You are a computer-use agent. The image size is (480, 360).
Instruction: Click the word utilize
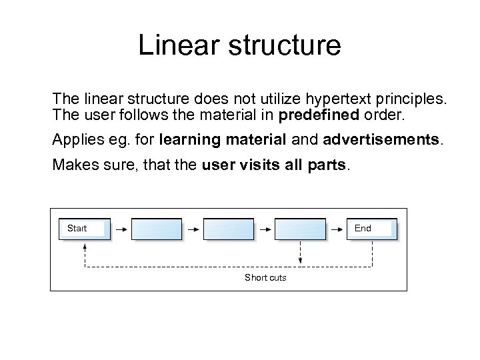pyautogui.click(x=256, y=99)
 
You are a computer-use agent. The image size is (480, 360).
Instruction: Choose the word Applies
pyautogui.click(x=75, y=141)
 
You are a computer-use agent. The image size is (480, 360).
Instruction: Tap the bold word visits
pyautogui.click(x=264, y=165)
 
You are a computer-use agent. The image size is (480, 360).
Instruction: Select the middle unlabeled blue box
pyautogui.click(x=228, y=229)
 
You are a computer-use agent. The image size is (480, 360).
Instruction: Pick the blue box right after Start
pyautogui.click(x=157, y=229)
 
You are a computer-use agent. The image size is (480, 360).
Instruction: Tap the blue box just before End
pyautogui.click(x=300, y=229)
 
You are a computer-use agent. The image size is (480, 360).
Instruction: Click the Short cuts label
pyautogui.click(x=265, y=277)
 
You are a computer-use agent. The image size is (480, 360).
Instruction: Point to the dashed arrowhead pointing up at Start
pyautogui.click(x=85, y=245)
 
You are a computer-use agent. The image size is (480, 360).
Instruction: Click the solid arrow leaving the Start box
pyautogui.click(x=121, y=229)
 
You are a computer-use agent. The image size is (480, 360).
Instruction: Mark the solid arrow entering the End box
pyautogui.click(x=337, y=229)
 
